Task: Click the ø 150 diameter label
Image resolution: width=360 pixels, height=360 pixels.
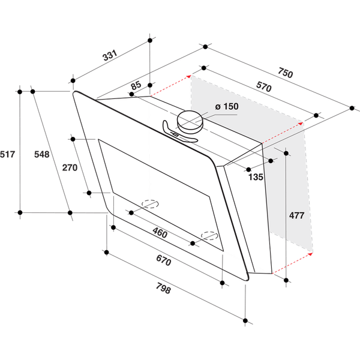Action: [x=224, y=106]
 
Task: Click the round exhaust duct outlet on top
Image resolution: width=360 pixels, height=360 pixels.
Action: [x=190, y=120]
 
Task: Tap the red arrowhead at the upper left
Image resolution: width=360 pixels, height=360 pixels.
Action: [x=188, y=76]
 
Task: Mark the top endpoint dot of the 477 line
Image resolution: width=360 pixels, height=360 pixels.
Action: [x=286, y=154]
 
